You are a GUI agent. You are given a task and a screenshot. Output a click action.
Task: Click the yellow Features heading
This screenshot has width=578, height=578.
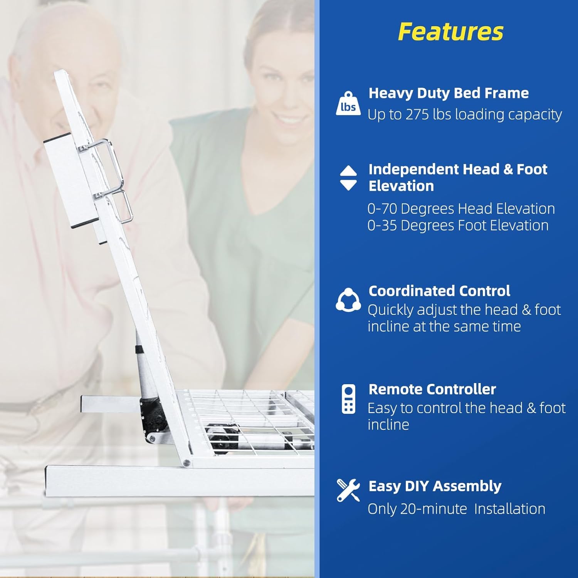coord(450,31)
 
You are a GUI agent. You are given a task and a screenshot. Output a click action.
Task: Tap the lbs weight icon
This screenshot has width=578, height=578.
coord(348,103)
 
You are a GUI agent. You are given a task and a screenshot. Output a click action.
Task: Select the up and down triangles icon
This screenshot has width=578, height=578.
coord(348,178)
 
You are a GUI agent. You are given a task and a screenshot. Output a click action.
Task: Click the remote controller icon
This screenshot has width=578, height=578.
coord(349,399)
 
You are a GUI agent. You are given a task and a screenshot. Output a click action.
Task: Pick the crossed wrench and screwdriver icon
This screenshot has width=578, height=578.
coord(348,490)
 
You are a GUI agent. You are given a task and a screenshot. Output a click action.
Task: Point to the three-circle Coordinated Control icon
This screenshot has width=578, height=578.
coord(348,299)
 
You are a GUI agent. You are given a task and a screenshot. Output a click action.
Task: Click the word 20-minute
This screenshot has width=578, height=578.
coord(434,509)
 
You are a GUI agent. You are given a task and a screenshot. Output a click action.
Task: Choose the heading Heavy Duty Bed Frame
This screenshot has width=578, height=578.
coord(449,93)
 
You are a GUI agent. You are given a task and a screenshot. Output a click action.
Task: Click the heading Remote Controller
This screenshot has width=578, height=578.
coord(432,389)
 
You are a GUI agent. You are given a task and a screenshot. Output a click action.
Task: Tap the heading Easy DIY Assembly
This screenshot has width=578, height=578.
coord(435,486)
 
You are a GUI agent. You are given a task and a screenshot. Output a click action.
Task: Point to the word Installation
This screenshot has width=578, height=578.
coord(510,509)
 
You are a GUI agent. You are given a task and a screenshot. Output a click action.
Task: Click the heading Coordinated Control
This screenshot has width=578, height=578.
coord(439,291)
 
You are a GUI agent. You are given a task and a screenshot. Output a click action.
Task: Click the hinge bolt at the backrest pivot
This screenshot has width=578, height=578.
coord(187,462)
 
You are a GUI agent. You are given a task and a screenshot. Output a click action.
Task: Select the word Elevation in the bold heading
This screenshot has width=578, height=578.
coord(401,186)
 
